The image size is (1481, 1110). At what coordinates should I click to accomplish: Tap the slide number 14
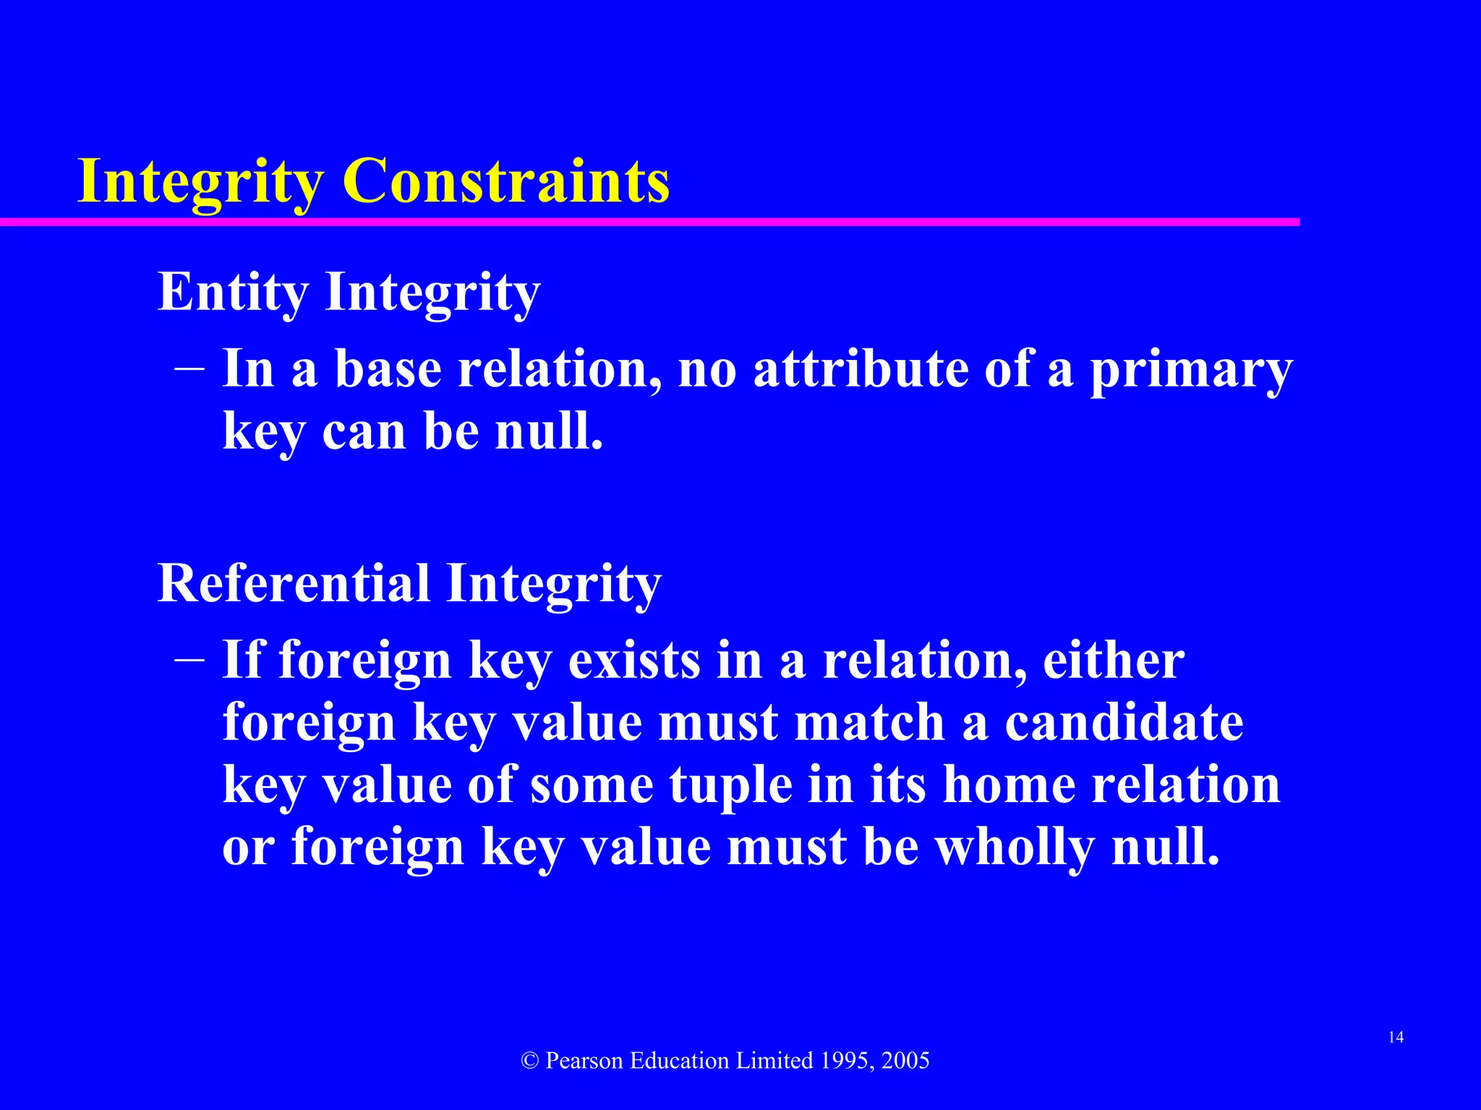1396,1038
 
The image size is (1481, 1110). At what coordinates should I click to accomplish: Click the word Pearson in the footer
584,1061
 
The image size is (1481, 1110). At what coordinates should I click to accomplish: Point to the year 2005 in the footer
905,1061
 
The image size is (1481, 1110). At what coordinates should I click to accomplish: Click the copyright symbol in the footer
530,1061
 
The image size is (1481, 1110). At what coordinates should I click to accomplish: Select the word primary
1190,370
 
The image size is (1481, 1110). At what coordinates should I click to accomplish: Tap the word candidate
1124,722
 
